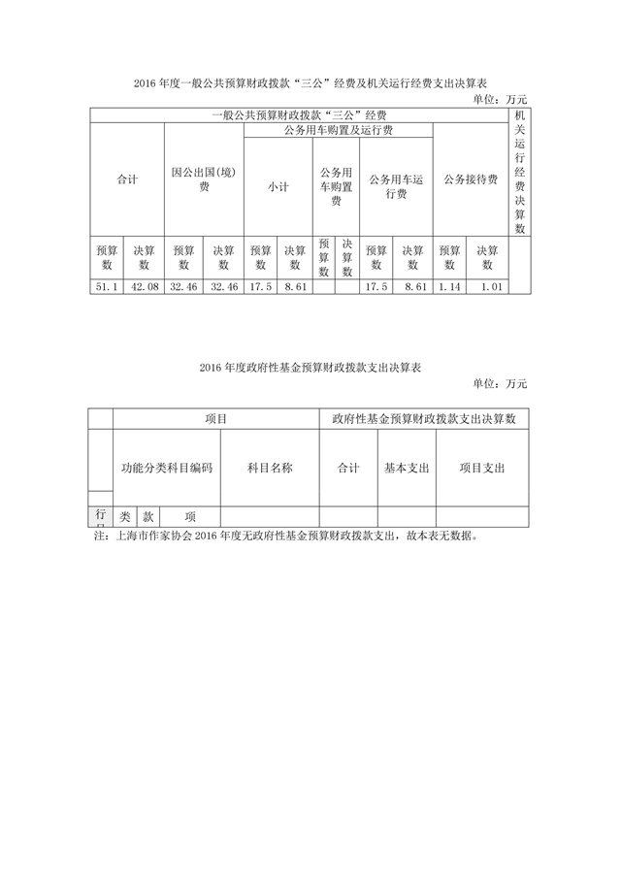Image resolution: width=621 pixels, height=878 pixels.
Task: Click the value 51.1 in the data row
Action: [106, 287]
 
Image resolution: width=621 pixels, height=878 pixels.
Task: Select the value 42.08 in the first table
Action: [145, 287]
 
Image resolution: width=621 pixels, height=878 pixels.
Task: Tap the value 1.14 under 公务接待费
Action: [448, 287]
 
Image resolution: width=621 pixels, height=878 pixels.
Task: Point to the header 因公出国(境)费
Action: [204, 179]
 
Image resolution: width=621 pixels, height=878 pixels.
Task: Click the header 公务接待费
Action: [471, 179]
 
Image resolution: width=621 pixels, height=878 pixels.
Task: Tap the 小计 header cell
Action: [278, 187]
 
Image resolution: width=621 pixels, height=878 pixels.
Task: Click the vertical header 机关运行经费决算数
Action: [519, 172]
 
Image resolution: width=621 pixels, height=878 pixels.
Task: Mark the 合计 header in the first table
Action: [126, 179]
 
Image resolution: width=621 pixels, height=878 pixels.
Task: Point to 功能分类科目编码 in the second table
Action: [167, 468]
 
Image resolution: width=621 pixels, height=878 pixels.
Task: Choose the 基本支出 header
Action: [407, 468]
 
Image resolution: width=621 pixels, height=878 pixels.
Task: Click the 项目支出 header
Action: [482, 468]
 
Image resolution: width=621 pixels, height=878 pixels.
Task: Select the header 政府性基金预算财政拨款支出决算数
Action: [424, 418]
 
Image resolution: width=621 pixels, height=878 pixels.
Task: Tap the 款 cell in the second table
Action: [148, 517]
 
